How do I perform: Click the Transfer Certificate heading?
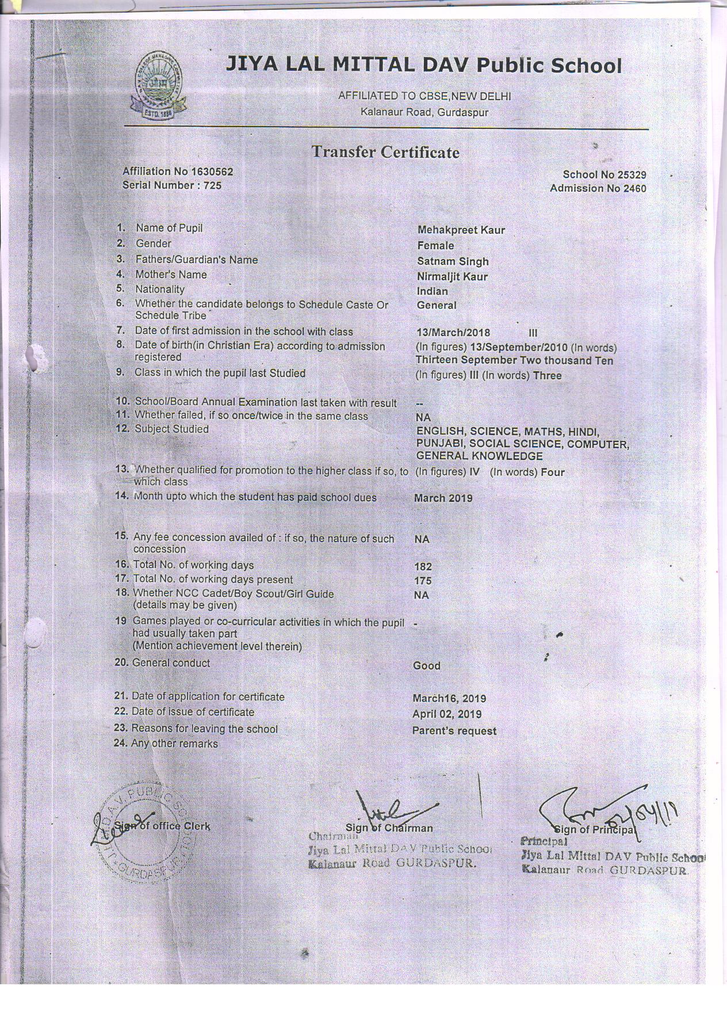pos(385,153)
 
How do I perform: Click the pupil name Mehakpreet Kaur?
pos(461,230)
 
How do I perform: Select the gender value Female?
pos(435,246)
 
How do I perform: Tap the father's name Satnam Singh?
pos(453,261)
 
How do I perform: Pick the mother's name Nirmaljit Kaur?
pos(452,277)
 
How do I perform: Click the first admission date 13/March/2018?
pos(453,333)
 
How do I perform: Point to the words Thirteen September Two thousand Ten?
pos(514,361)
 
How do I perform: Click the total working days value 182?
pos(423,566)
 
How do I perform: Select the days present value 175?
pos(423,581)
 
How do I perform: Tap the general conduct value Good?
pos(427,666)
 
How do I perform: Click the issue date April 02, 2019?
pos(447,714)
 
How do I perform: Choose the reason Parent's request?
pos(454,731)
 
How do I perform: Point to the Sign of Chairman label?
pos(389,828)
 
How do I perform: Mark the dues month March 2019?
pos(443,498)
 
